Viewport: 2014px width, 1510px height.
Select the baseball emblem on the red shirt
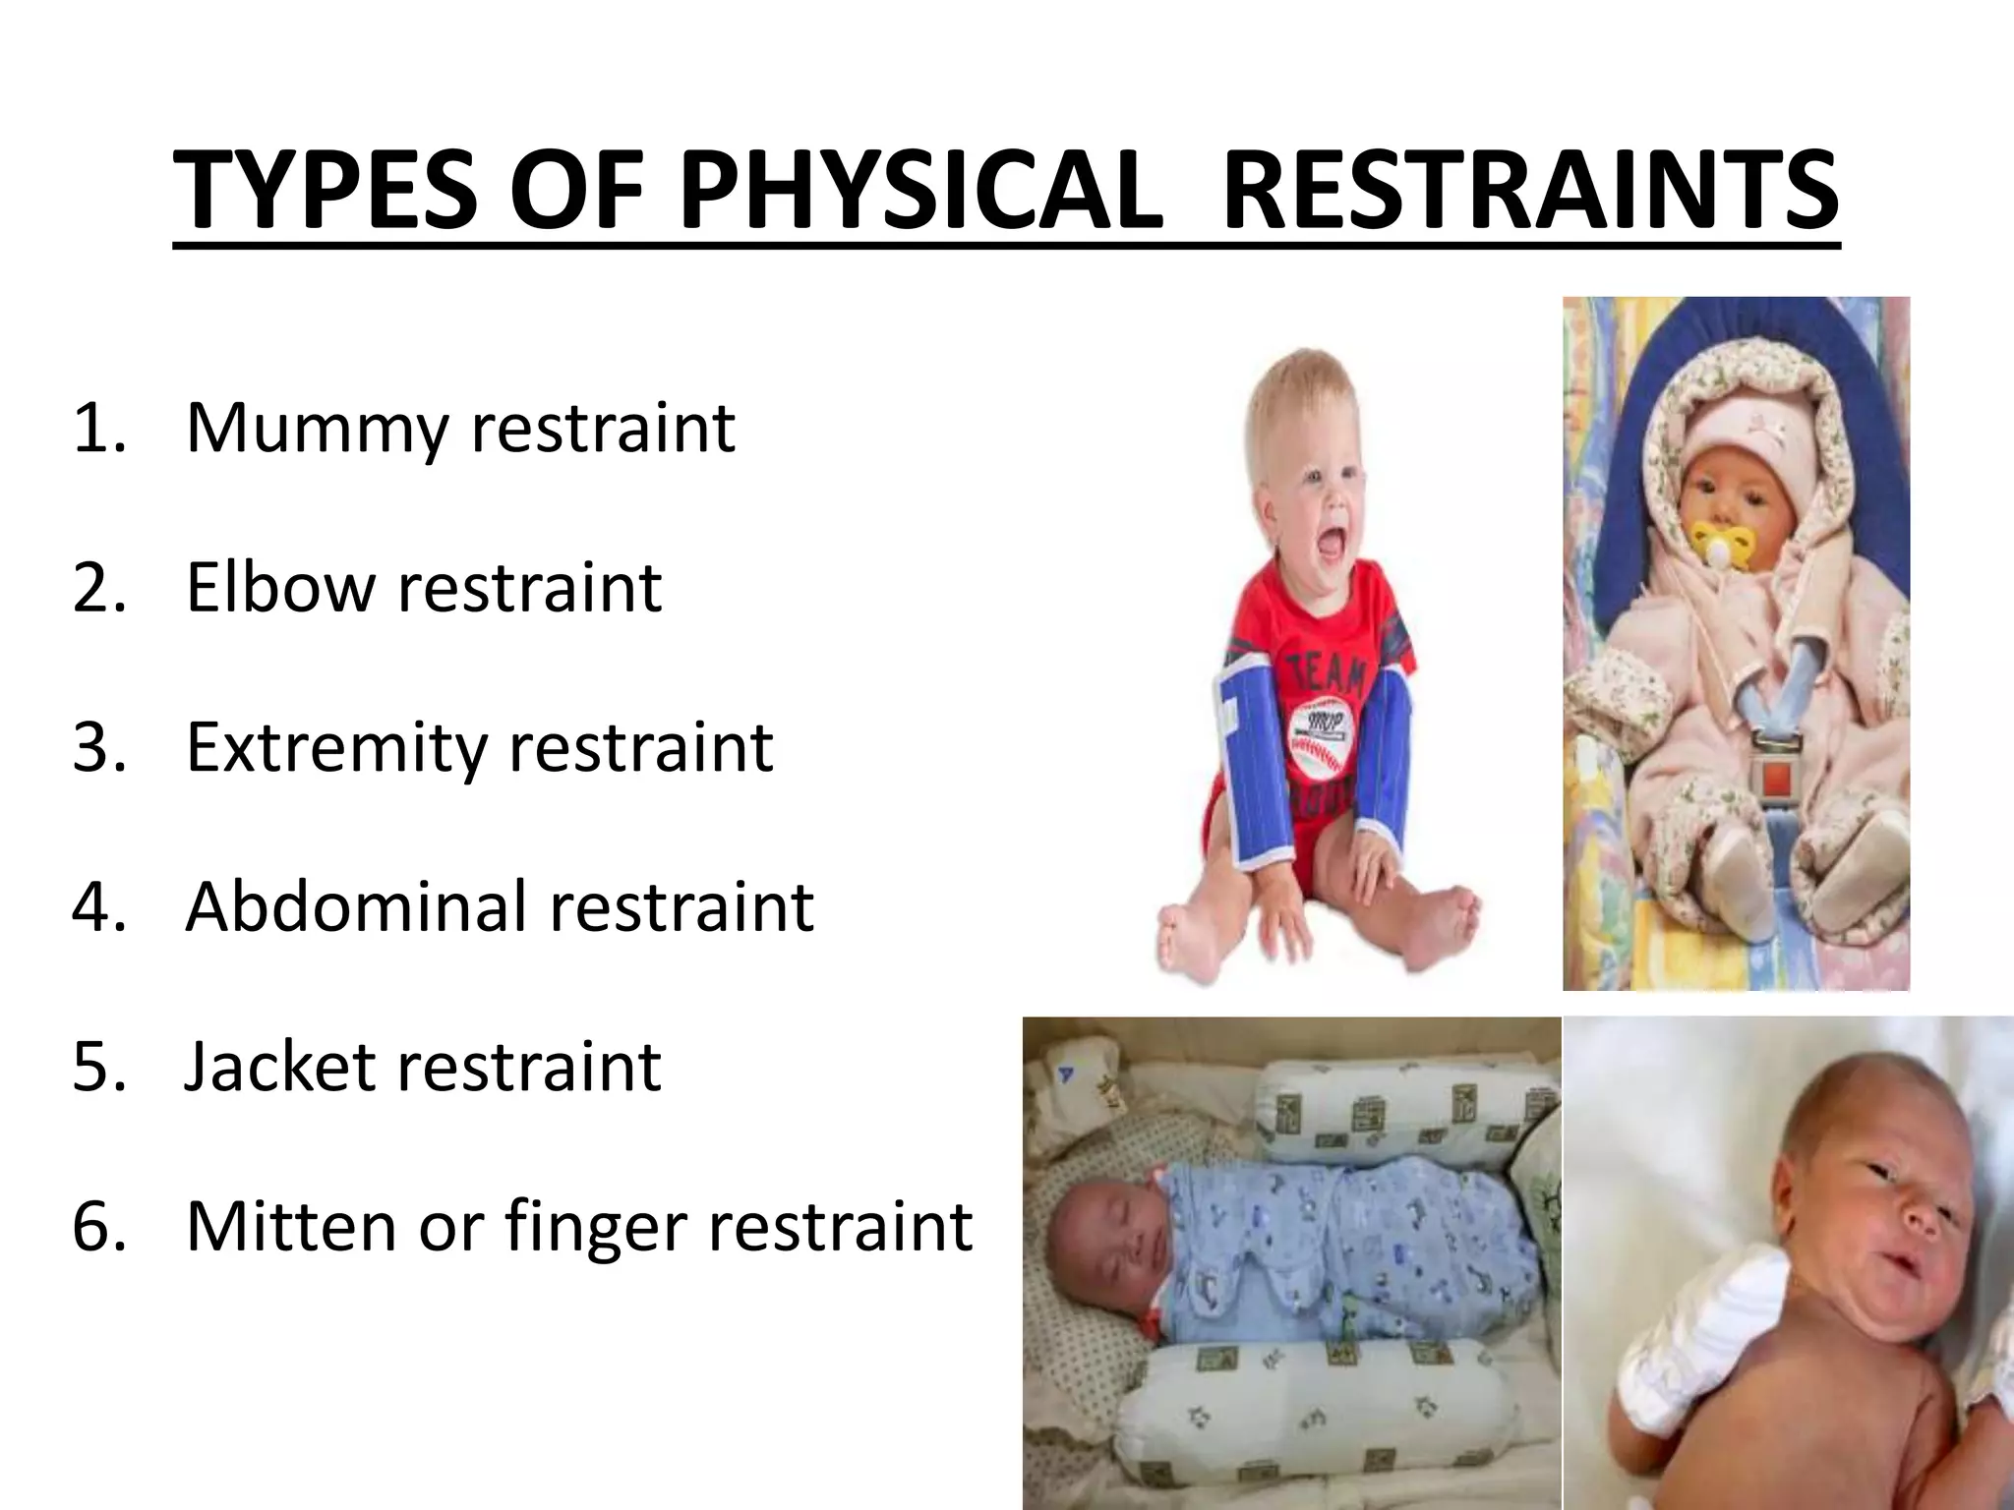1322,731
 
